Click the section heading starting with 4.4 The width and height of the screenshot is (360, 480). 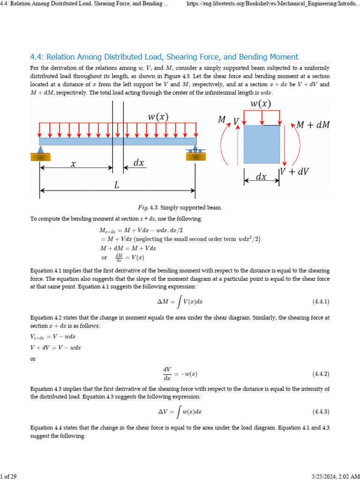(x=164, y=57)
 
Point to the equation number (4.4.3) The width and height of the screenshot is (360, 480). (x=321, y=412)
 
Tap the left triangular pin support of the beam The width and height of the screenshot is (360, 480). (x=40, y=150)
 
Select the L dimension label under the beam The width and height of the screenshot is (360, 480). (x=117, y=185)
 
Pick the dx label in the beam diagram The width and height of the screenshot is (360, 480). (x=139, y=163)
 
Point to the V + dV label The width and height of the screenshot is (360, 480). (x=295, y=172)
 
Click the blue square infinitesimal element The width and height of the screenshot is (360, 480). (x=262, y=144)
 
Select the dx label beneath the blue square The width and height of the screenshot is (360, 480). (x=261, y=177)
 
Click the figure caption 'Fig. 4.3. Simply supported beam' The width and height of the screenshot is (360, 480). (x=180, y=207)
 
